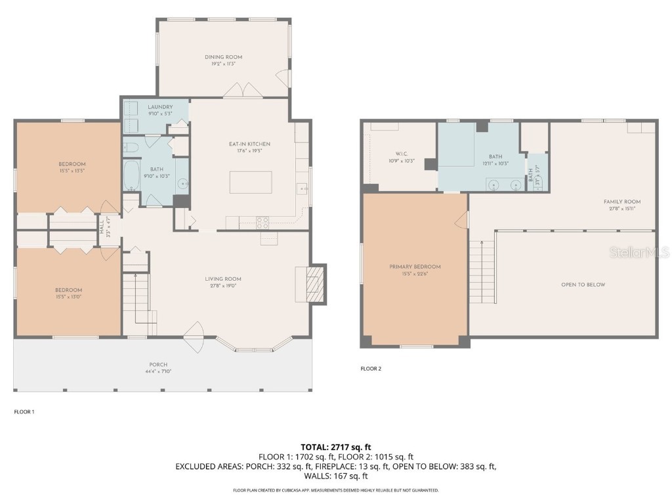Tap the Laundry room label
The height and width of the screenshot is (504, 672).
pos(160,107)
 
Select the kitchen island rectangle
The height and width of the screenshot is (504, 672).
pos(251,182)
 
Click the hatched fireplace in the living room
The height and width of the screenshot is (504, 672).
pos(318,284)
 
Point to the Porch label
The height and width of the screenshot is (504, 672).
pos(158,365)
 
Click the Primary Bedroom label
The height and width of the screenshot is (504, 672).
pos(415,267)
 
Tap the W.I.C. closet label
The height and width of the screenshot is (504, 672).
pos(402,154)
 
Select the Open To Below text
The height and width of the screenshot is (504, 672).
pos(583,285)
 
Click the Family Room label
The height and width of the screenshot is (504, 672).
pos(622,201)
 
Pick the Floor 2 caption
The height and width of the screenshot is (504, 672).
pos(371,369)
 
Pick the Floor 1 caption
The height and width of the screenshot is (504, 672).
pos(24,412)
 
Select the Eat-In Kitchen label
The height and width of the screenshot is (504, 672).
pos(249,144)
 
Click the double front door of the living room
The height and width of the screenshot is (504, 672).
pos(195,336)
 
